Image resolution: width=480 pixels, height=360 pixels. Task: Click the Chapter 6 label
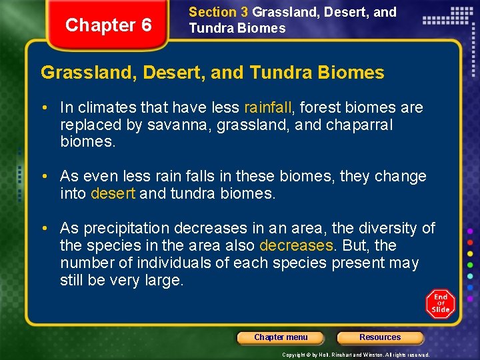coord(109,25)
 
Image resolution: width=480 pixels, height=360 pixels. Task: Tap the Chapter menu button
coord(281,337)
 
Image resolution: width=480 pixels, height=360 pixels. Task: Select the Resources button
coord(380,337)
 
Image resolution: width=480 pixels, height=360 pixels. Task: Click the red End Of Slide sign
coord(440,303)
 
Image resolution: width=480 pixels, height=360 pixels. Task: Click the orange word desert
coord(113,194)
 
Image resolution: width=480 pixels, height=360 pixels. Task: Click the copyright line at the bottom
coord(356,355)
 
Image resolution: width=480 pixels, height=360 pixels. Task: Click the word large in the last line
coord(163,281)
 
